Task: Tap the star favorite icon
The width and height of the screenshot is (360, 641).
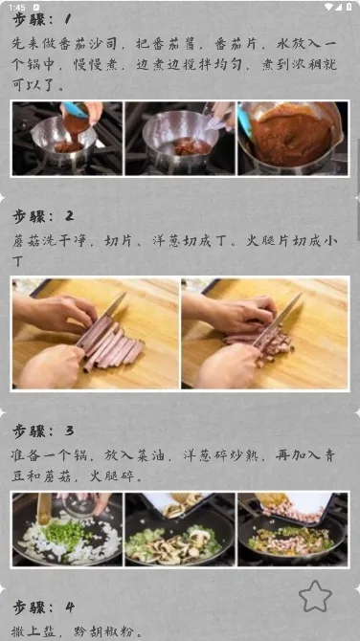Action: click(x=315, y=596)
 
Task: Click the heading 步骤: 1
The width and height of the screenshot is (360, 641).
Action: click(x=42, y=19)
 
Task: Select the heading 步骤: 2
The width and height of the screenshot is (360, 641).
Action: click(x=43, y=216)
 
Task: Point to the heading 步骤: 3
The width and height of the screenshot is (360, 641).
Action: click(x=43, y=431)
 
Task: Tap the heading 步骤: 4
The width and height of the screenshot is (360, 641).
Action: click(x=43, y=608)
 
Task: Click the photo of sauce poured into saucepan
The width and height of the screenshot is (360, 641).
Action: click(x=67, y=139)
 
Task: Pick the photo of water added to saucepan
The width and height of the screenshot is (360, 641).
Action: click(x=180, y=139)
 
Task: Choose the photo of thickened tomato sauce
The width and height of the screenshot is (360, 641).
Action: click(x=293, y=139)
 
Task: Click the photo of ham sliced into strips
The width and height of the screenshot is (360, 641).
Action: click(x=96, y=334)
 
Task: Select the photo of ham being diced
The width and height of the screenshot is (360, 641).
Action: click(x=265, y=334)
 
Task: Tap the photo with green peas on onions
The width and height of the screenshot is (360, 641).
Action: click(x=67, y=529)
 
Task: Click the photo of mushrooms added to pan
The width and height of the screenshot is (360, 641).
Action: click(x=180, y=529)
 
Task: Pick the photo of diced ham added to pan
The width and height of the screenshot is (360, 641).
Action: click(x=293, y=529)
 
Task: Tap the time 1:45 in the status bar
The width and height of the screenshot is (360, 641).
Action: click(x=17, y=7)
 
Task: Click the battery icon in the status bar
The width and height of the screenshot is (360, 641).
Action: click(x=349, y=7)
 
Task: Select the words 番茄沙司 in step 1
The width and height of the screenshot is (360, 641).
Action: click(x=85, y=43)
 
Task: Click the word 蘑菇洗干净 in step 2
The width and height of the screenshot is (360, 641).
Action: click(x=49, y=241)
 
